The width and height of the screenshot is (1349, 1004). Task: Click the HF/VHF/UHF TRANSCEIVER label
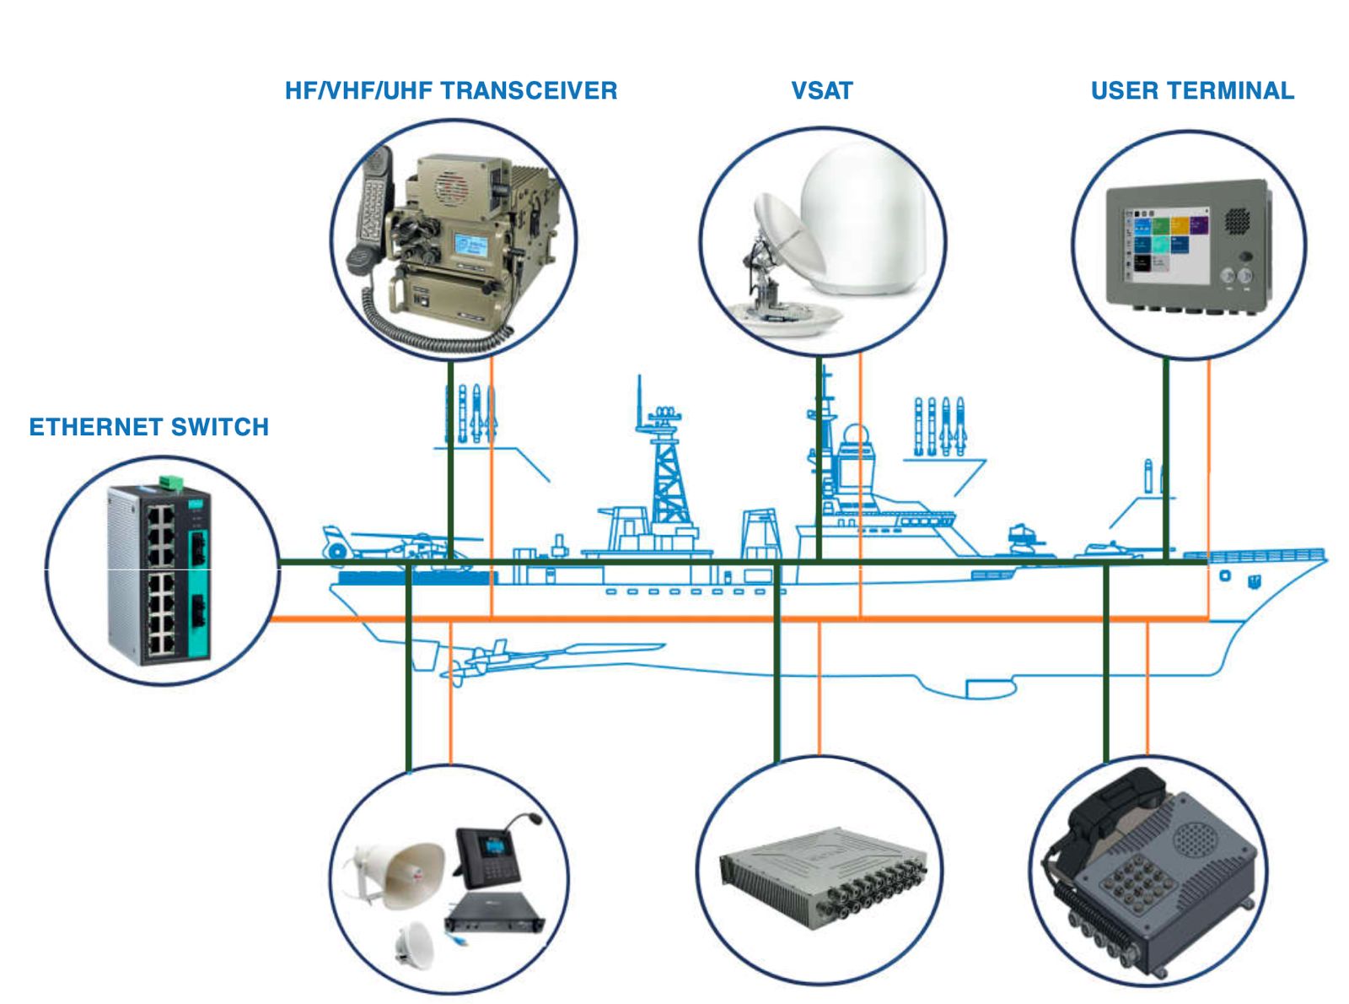coord(450,91)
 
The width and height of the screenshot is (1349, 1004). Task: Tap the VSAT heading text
coord(821,91)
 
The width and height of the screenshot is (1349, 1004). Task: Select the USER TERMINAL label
coord(1191,91)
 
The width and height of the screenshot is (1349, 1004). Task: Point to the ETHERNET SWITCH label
coord(149,427)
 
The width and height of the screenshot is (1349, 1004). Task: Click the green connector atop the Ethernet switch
coord(172,482)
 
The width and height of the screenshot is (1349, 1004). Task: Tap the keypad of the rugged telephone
coord(1133,882)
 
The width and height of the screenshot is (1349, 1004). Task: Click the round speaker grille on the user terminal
coord(1237,220)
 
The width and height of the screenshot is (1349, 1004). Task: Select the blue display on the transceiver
coord(470,244)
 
